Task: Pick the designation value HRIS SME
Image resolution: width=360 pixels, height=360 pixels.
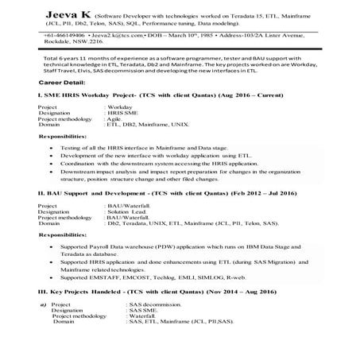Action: click(x=122, y=113)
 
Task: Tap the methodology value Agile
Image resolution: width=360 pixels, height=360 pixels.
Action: click(x=116, y=119)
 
